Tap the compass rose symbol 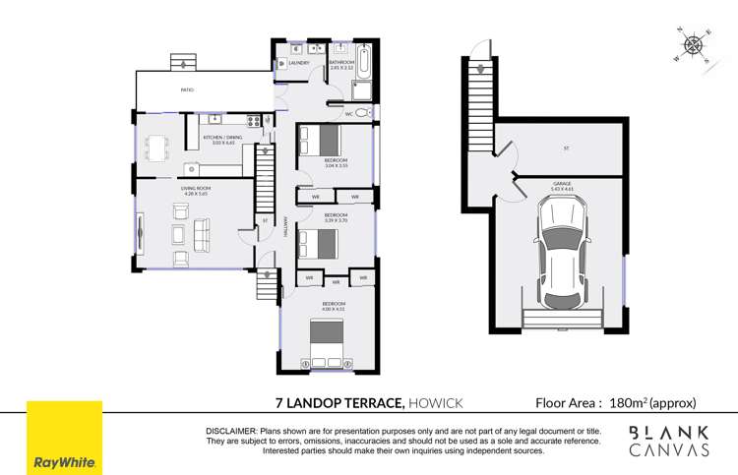(695, 44)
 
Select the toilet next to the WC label (361, 113)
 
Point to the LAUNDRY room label (299, 63)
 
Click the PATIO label (186, 89)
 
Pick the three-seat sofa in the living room (204, 235)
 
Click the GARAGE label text (564, 182)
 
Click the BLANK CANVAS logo (669, 440)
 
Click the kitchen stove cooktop (254, 121)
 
